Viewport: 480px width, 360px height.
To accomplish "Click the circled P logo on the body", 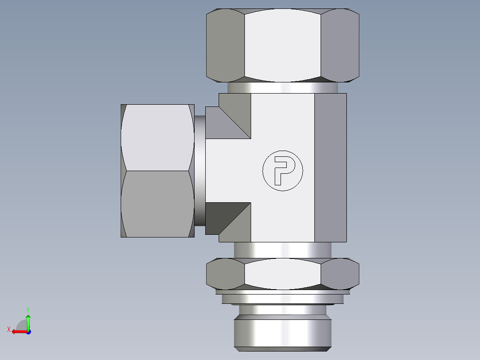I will pyautogui.click(x=282, y=171).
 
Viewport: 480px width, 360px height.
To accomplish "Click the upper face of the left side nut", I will pyautogui.click(x=158, y=137).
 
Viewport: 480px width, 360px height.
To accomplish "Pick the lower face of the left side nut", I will pyautogui.click(x=158, y=204).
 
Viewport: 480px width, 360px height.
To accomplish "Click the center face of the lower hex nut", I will pyautogui.click(x=283, y=274).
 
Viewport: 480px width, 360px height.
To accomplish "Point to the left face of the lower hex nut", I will pyautogui.click(x=225, y=273).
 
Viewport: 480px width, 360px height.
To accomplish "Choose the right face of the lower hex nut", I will pyautogui.click(x=340, y=273).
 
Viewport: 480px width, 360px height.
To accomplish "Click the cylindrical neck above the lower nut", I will pyautogui.click(x=283, y=250).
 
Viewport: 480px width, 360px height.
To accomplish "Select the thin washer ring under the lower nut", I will pyautogui.click(x=283, y=293).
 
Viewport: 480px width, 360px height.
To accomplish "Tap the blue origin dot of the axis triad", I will pyautogui.click(x=28, y=331).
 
